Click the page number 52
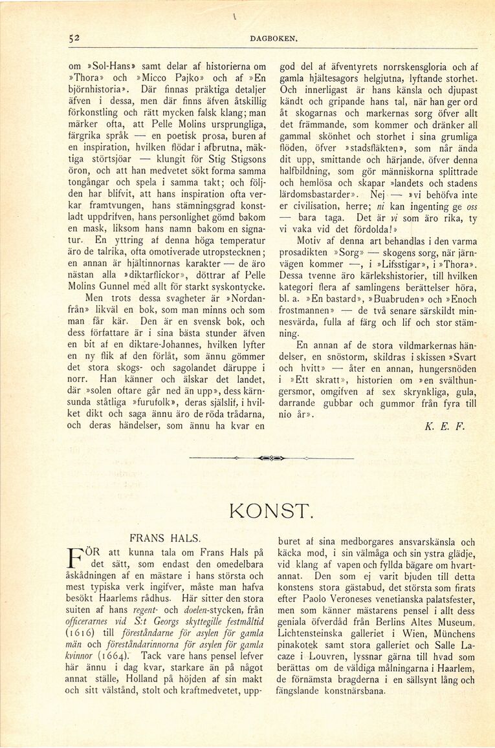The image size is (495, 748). pyautogui.click(x=74, y=39)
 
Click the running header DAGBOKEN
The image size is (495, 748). pyautogui.click(x=273, y=39)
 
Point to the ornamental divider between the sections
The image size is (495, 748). pyautogui.click(x=271, y=458)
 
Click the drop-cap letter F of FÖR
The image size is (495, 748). pyautogui.click(x=75, y=559)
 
